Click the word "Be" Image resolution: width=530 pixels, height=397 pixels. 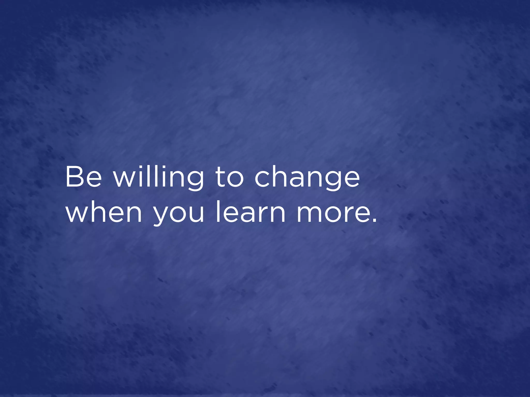tap(83, 177)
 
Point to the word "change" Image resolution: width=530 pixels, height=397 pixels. tap(307, 178)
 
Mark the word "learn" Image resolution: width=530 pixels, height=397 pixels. tap(251, 212)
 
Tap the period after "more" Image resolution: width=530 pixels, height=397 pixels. tap(374, 220)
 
